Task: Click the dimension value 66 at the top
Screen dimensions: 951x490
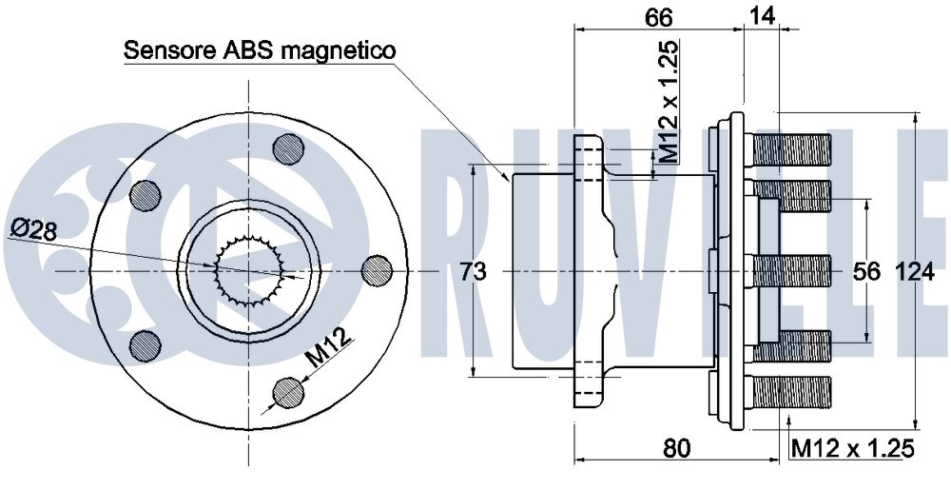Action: (x=658, y=16)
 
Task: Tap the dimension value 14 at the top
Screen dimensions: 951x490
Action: (x=762, y=16)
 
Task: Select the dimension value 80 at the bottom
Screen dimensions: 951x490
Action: (x=676, y=448)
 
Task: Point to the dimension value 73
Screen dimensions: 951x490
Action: (x=473, y=271)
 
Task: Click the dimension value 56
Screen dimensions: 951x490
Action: (x=866, y=272)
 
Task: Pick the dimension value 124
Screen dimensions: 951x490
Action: (x=915, y=272)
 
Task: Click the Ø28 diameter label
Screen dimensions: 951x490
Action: (x=34, y=230)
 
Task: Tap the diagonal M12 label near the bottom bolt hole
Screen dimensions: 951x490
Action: (x=328, y=347)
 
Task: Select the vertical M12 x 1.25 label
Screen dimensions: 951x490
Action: (x=669, y=101)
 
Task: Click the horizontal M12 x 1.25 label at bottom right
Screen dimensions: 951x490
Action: (x=852, y=449)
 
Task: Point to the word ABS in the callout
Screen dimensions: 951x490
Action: (x=242, y=50)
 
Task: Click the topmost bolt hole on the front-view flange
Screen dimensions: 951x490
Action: (x=288, y=148)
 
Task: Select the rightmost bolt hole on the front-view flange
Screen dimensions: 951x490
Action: (x=377, y=271)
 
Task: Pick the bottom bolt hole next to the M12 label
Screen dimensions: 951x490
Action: (x=287, y=393)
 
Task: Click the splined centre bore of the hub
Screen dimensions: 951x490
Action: (x=250, y=270)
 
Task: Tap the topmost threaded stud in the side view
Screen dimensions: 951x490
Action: (x=791, y=150)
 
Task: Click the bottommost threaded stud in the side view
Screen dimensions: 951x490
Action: (x=791, y=392)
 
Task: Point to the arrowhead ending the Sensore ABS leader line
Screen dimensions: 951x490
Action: (x=507, y=177)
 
